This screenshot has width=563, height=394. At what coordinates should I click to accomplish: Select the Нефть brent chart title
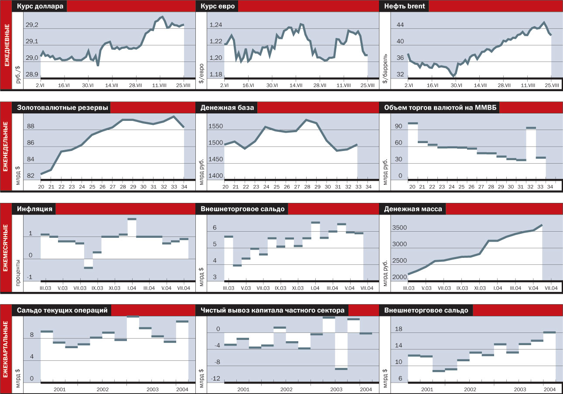point(404,7)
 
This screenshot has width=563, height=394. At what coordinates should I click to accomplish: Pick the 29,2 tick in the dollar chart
point(32,25)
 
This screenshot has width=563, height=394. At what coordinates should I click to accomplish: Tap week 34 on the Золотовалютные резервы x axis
point(184,187)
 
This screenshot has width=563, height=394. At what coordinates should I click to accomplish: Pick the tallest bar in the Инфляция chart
point(132,219)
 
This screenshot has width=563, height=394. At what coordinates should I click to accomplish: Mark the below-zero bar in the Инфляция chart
point(88,267)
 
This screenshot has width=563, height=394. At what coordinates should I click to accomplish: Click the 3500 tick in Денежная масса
point(399,228)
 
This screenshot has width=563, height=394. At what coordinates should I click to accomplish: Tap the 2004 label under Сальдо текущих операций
point(181,389)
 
